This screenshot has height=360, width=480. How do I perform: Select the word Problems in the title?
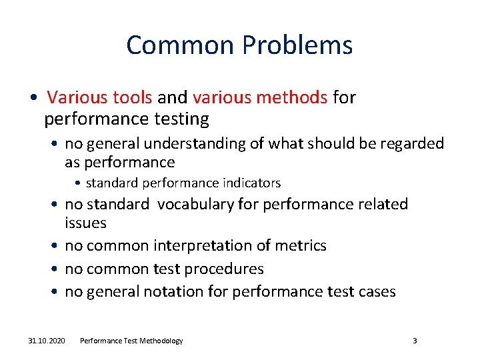pyautogui.click(x=297, y=45)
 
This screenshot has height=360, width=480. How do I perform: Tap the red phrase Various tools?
pyautogui.click(x=100, y=98)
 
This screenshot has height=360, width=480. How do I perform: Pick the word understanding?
pyautogui.click(x=209, y=144)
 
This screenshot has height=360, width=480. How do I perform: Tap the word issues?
pyautogui.click(x=85, y=222)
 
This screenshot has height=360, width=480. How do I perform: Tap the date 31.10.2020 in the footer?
pyautogui.click(x=47, y=341)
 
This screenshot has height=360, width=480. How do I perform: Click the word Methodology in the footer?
pyautogui.click(x=161, y=341)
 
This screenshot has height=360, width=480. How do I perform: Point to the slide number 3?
pyautogui.click(x=415, y=341)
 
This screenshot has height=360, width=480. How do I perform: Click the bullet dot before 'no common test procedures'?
pyautogui.click(x=56, y=269)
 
